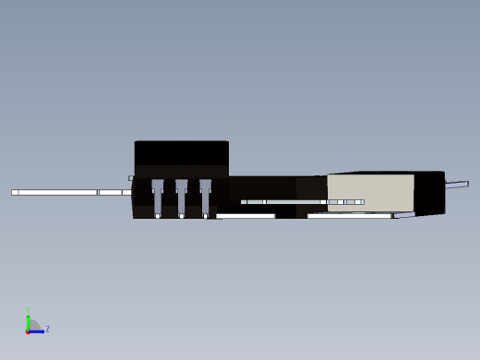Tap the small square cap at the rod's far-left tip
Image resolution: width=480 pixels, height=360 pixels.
[x=15, y=192]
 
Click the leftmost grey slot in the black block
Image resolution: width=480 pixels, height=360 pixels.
[x=158, y=196]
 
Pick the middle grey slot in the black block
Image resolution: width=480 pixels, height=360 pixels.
[x=181, y=196]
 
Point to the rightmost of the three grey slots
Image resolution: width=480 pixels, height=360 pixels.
[x=205, y=196]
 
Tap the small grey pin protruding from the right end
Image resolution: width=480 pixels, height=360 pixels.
[x=457, y=185]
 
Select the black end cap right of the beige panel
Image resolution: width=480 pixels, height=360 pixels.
[x=429, y=192]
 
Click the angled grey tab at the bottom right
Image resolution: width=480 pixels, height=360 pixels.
[x=403, y=215]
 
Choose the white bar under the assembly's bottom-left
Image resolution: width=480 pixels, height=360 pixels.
[x=246, y=216]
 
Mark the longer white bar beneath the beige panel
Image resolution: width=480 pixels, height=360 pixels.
[x=349, y=216]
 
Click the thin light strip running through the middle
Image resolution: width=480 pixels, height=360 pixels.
[x=295, y=201]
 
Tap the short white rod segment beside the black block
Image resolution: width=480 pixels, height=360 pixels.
[x=111, y=192]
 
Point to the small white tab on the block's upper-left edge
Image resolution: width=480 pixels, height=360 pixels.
[x=131, y=177]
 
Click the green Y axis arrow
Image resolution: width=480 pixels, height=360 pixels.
[x=29, y=321]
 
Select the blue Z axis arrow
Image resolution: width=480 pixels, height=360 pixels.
[x=37, y=330]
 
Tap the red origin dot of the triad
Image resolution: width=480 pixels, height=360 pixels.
[x=28, y=330]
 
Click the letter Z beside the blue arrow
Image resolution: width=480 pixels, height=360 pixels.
[x=47, y=329]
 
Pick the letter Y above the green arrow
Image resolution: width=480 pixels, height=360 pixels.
[x=29, y=311]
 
